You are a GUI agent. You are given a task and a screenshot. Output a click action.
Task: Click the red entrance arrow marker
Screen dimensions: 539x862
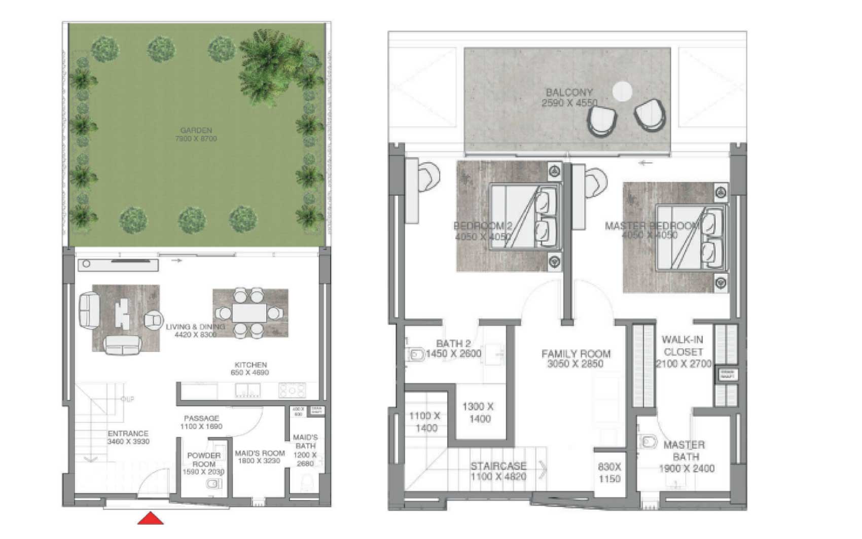[151, 519]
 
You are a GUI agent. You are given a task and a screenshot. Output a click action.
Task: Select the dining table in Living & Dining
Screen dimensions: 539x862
[249, 313]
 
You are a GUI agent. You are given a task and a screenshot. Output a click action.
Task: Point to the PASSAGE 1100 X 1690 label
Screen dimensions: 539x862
[201, 422]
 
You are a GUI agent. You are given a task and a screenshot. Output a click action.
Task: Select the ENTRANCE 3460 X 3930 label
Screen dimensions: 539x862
[128, 438]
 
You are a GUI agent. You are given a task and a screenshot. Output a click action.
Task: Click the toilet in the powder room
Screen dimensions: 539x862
[213, 484]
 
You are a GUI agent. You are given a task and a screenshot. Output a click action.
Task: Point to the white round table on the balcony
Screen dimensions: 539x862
[622, 92]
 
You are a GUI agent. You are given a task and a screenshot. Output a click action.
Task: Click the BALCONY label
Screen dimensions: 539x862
[569, 97]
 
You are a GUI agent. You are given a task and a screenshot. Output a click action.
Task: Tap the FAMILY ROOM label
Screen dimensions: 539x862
[576, 358]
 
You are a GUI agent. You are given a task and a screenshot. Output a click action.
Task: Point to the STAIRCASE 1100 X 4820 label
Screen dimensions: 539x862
[498, 471]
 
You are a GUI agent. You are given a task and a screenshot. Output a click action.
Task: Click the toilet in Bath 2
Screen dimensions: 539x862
[416, 354]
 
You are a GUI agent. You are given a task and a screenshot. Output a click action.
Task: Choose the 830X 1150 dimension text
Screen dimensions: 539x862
[609, 473]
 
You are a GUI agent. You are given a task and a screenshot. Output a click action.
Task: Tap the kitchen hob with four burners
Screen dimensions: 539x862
[292, 390]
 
